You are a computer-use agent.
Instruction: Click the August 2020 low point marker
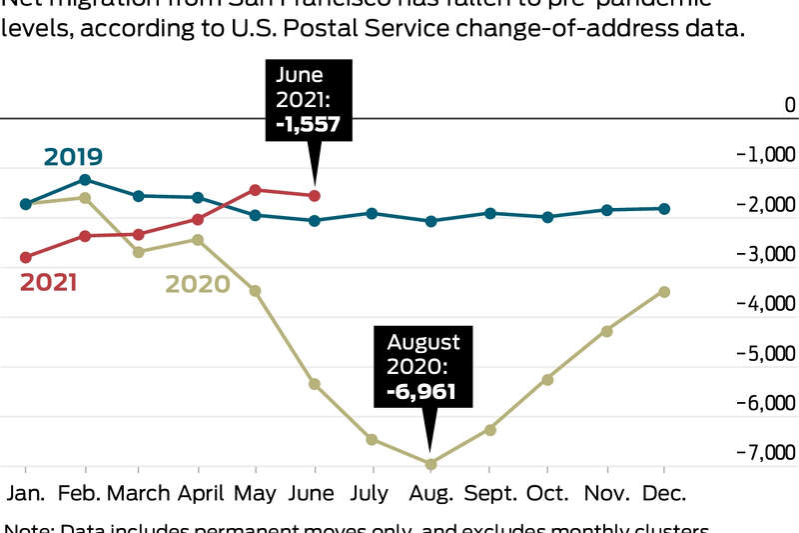click(431, 464)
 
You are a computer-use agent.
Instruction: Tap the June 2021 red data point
click(315, 195)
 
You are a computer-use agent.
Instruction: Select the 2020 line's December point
click(664, 292)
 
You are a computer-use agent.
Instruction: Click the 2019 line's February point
click(85, 180)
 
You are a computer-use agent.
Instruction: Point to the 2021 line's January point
click(26, 257)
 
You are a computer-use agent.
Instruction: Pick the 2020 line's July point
click(372, 439)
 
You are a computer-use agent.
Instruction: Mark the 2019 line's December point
click(664, 208)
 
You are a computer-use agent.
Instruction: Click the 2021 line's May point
click(255, 189)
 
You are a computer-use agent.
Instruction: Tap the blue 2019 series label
click(72, 156)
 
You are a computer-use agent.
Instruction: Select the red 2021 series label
click(48, 283)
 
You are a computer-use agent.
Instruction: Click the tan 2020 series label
click(197, 284)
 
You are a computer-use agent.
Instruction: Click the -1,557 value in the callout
click(308, 124)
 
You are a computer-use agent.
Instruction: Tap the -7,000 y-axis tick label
click(765, 453)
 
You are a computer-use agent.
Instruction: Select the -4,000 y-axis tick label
click(765, 303)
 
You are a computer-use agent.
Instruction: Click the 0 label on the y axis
click(790, 105)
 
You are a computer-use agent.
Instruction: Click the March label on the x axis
click(138, 494)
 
